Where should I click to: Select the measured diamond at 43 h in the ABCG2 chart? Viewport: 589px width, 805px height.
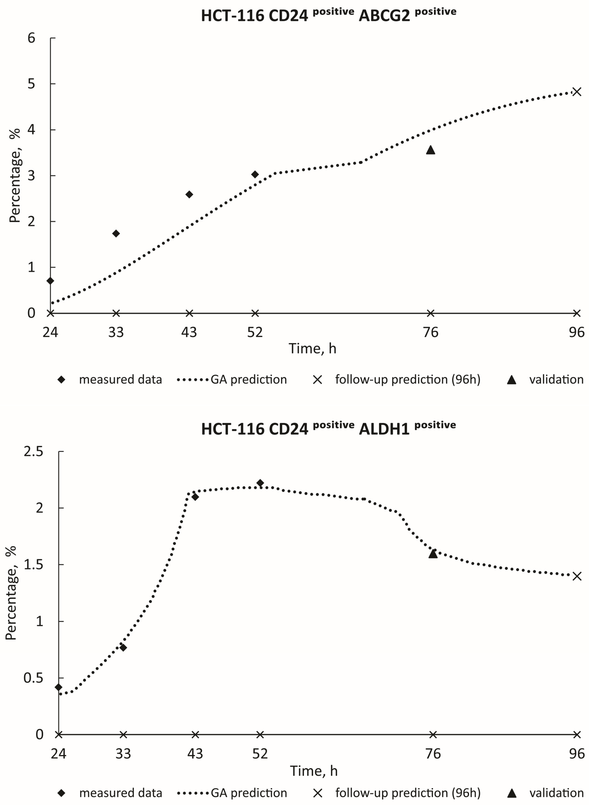click(x=189, y=194)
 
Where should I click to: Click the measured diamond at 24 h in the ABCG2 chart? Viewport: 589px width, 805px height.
click(x=50, y=281)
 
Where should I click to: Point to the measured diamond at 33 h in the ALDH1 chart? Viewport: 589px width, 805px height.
click(x=123, y=647)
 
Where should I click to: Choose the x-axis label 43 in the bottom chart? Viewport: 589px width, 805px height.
click(x=195, y=754)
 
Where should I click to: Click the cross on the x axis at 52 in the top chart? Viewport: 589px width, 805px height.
click(x=255, y=313)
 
